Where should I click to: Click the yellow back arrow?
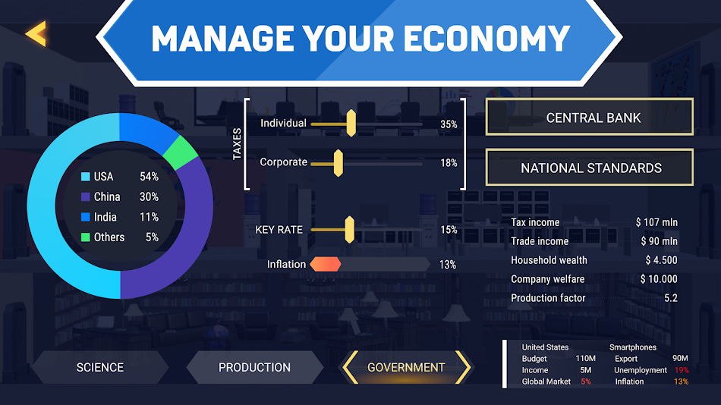coord(36,33)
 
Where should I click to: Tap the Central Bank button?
coord(589,118)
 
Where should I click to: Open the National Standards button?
coord(589,168)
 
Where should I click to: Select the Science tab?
coord(99,367)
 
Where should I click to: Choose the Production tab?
coord(254,367)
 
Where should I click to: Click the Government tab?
coord(406,367)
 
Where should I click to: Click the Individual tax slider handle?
coord(351,123)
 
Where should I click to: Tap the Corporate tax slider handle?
coord(338,162)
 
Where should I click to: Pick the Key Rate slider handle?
coord(349,229)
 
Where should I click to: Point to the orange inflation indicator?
coord(325,264)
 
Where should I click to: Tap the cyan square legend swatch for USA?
coord(86,177)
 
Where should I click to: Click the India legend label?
coord(105,217)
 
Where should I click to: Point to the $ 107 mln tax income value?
coord(656,222)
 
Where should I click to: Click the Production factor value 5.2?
coord(670,298)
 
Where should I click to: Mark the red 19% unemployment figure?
coord(681,370)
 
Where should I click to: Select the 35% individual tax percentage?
coord(449,124)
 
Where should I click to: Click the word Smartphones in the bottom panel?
coord(632,347)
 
